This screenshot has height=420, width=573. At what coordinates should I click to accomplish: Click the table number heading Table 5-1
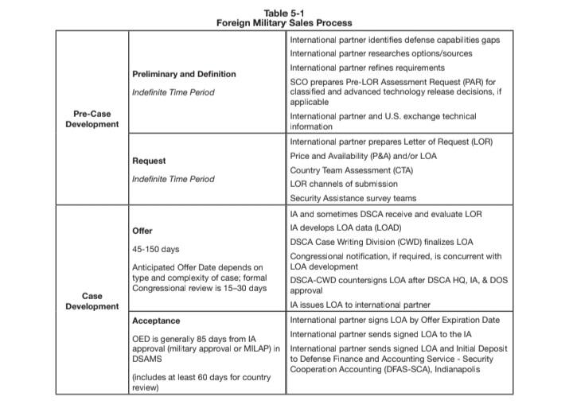[x=284, y=11]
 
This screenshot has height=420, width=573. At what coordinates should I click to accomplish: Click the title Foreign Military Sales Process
[x=284, y=22]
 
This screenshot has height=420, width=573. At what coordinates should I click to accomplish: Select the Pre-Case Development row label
[x=92, y=119]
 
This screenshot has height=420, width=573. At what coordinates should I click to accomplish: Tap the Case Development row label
[x=92, y=301]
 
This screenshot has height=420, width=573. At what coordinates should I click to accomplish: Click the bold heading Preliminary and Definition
[x=184, y=74]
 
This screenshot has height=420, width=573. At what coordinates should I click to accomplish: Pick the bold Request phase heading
[x=149, y=161]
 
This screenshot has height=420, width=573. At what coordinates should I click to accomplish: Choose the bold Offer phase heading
[x=142, y=231]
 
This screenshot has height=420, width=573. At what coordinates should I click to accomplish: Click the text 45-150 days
[x=155, y=249]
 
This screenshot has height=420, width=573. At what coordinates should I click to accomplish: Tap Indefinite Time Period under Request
[x=173, y=179]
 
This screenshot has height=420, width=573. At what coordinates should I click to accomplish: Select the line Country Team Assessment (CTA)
[x=352, y=170]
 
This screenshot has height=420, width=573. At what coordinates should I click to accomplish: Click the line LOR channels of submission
[x=349, y=184]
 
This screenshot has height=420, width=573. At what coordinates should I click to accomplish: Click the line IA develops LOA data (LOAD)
[x=346, y=227]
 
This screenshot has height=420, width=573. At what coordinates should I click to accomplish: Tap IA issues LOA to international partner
[x=360, y=305]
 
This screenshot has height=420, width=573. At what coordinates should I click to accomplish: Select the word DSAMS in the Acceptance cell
[x=147, y=359]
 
